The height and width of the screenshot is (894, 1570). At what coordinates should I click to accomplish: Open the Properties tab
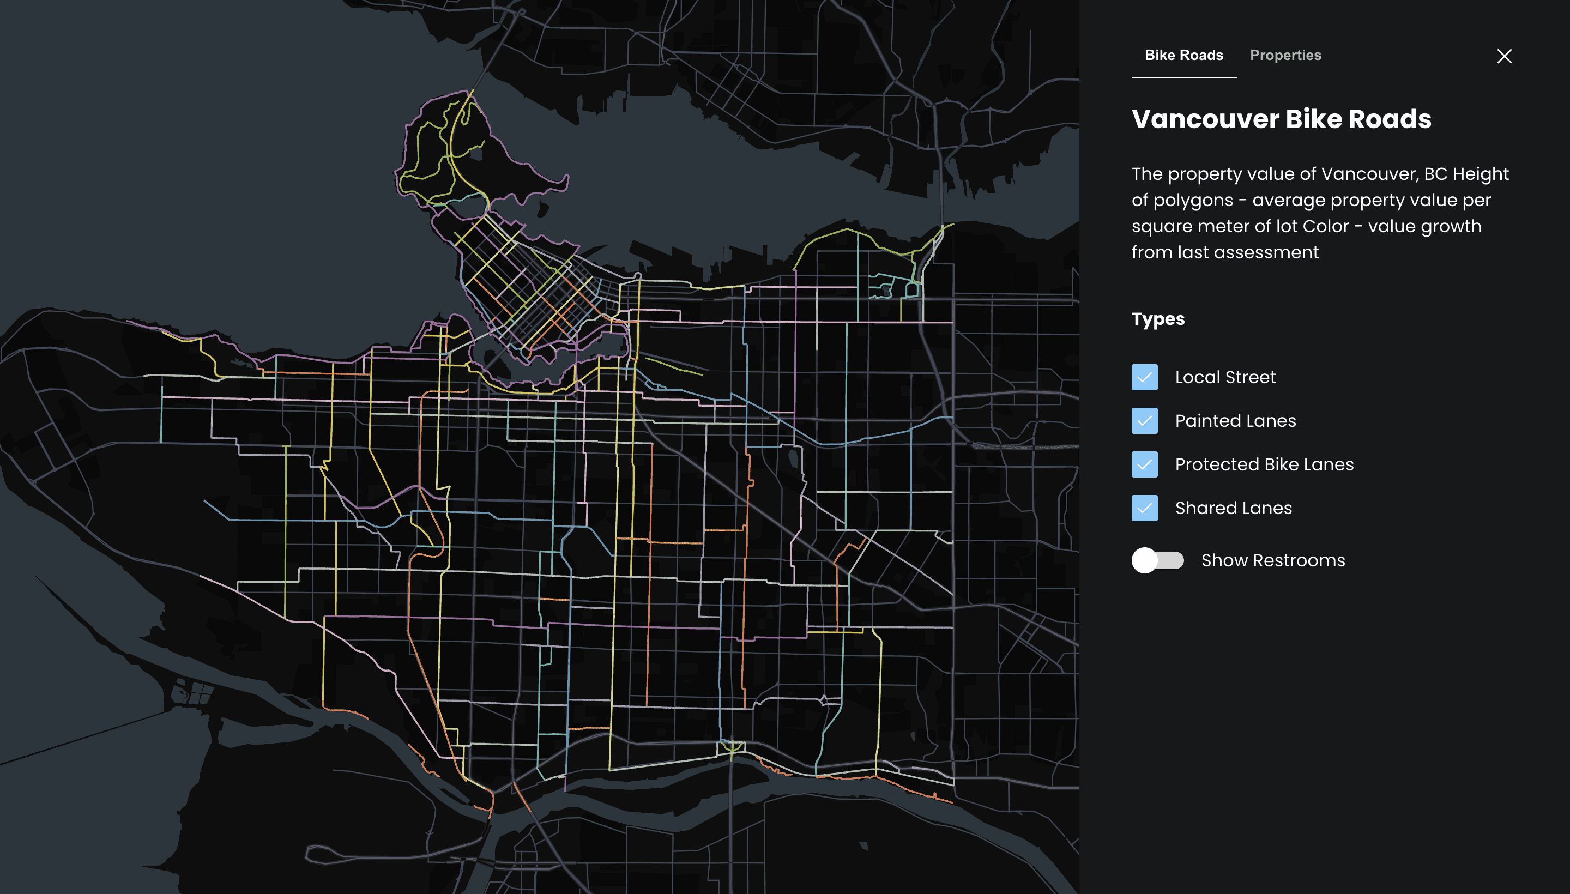tap(1285, 55)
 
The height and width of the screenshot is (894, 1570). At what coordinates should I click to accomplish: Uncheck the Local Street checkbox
tap(1144, 377)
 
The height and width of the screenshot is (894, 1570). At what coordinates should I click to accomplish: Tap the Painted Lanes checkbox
tap(1144, 421)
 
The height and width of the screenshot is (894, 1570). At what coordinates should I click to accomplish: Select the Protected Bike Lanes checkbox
tap(1144, 464)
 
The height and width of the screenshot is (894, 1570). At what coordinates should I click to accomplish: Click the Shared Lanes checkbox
tap(1144, 508)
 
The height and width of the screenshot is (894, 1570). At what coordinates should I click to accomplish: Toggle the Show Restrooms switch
tap(1157, 560)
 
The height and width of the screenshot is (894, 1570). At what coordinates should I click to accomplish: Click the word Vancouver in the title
tap(1204, 119)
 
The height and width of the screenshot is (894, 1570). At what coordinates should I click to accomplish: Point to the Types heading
tap(1157, 319)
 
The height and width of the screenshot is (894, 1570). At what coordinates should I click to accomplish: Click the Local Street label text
tap(1225, 377)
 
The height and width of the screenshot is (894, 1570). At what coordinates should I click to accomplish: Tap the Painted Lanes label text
tap(1235, 421)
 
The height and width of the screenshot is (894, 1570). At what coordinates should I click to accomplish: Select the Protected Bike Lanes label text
tap(1264, 464)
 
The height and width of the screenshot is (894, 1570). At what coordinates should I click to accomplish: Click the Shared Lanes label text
tap(1233, 508)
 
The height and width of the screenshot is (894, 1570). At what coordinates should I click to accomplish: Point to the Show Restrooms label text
tap(1272, 560)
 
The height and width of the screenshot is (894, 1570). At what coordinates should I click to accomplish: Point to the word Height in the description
tap(1481, 174)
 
